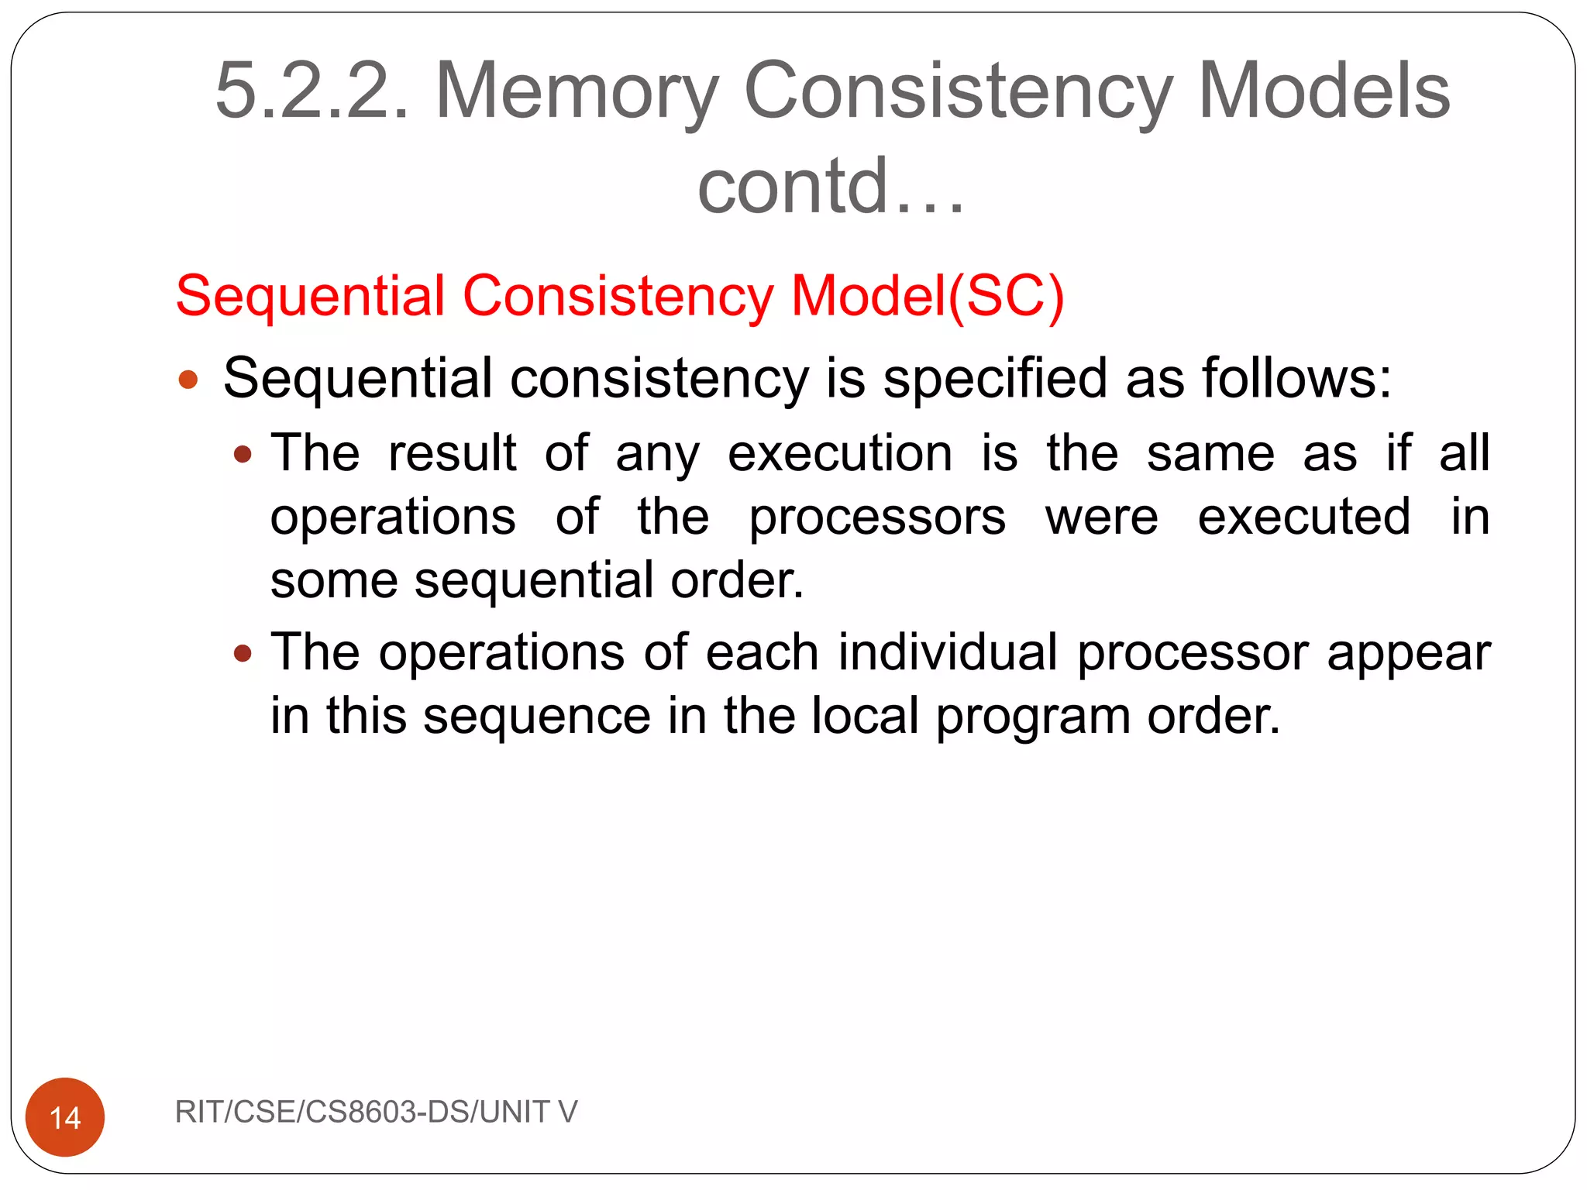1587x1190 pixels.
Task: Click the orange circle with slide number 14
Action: coord(65,1116)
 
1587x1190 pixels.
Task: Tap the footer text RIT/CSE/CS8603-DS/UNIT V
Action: coord(376,1112)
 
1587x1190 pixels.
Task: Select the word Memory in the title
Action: coord(577,91)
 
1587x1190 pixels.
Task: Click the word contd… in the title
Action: coord(831,186)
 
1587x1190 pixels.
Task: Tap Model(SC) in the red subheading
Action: coord(928,296)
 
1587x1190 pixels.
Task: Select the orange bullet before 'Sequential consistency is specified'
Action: coord(188,380)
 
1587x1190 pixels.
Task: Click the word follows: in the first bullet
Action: coord(1296,378)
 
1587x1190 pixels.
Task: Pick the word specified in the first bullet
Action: coord(995,378)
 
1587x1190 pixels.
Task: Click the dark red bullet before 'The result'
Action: coord(243,454)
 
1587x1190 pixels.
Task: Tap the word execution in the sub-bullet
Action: coord(840,453)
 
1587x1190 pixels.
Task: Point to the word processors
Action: coord(877,518)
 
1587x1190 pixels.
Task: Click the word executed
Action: coord(1304,517)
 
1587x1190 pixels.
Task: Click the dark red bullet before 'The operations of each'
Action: coord(243,653)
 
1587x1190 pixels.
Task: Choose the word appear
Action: coord(1408,653)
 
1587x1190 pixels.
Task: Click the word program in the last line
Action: coord(1033,716)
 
